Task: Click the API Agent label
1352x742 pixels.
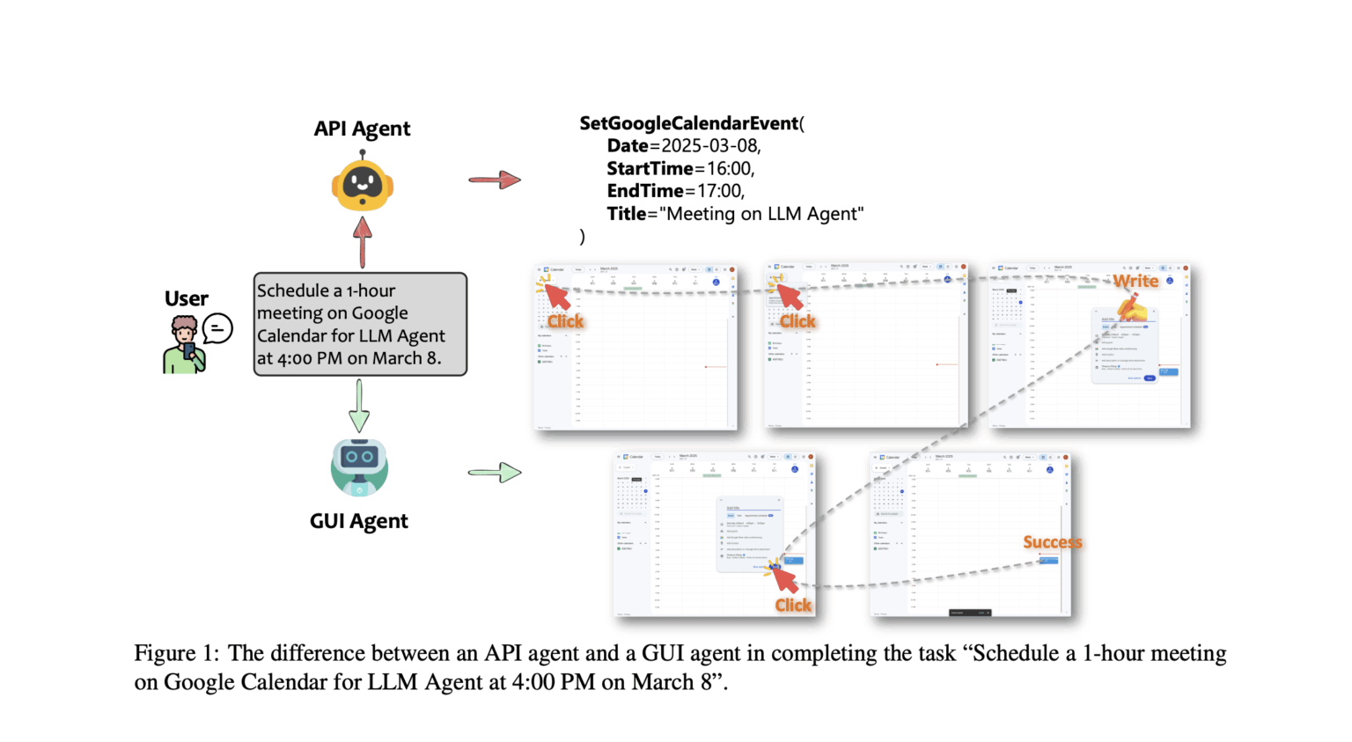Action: (x=362, y=129)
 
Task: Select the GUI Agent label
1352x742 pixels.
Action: (x=358, y=521)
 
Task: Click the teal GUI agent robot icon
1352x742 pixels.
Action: (x=359, y=467)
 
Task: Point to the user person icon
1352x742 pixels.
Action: (x=184, y=345)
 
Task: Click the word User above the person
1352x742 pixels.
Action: (x=187, y=299)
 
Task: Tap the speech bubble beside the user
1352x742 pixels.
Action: (x=217, y=329)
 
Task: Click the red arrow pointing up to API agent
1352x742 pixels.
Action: (x=362, y=241)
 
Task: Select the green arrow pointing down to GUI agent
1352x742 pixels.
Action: (x=359, y=405)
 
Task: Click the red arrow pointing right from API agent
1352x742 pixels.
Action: (x=495, y=180)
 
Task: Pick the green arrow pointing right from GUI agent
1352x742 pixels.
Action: (x=495, y=473)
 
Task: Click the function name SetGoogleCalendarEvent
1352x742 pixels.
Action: (x=688, y=123)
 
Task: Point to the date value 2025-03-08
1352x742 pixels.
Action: (x=710, y=146)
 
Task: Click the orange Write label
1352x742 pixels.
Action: (x=1135, y=281)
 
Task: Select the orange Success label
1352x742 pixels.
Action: (x=1052, y=542)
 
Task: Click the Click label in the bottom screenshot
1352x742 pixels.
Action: (x=793, y=605)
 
